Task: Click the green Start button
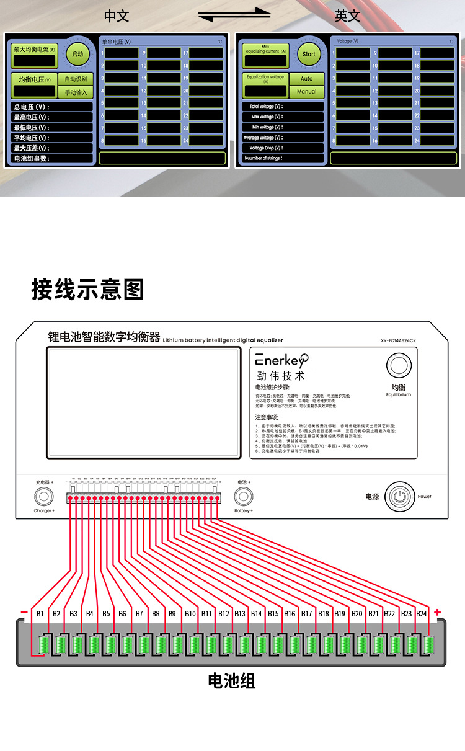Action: tap(309, 54)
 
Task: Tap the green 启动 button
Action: tap(77, 54)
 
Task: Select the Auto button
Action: tap(307, 79)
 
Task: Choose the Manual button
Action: tap(307, 91)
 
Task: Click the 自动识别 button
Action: tap(76, 79)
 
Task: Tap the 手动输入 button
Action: tap(76, 92)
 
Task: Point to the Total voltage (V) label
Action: tap(266, 107)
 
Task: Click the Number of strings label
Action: tap(263, 158)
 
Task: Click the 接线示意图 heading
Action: tap(87, 290)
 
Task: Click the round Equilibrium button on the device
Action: tap(398, 365)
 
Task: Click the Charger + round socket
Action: tap(43, 496)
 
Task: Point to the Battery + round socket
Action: tap(243, 496)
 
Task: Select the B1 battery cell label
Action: tap(40, 614)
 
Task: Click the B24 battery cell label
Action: tap(422, 614)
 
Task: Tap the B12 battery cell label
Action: tap(223, 614)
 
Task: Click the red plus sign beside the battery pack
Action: tap(438, 612)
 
